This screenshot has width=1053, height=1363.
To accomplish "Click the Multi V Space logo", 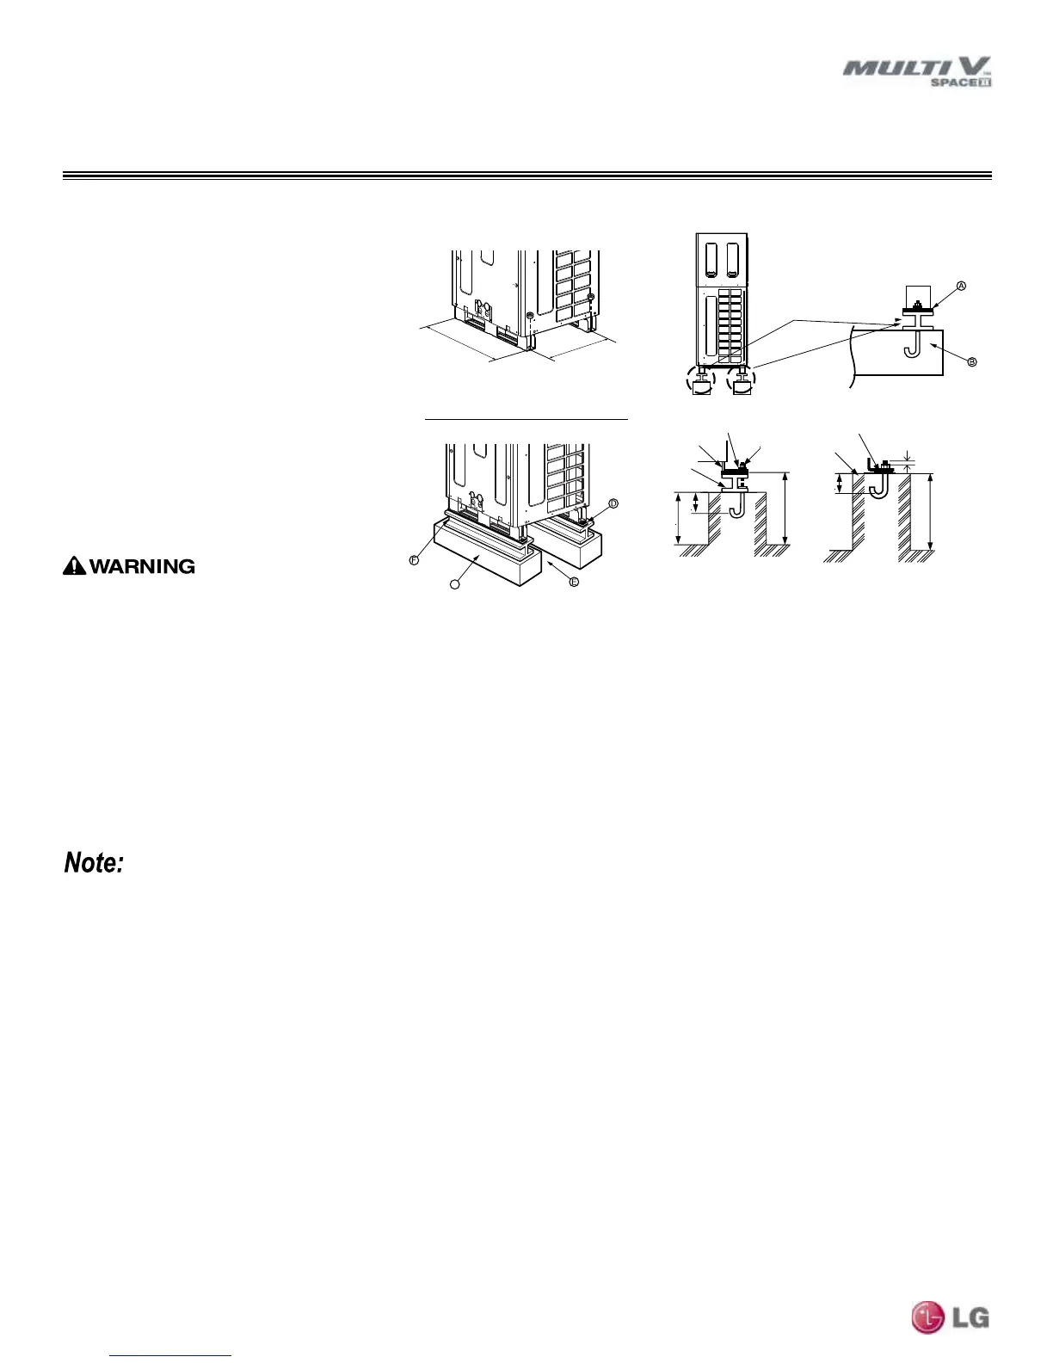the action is coord(917,71).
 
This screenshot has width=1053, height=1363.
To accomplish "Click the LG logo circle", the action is coord(927,1317).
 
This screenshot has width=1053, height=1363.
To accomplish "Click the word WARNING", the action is coord(142,566).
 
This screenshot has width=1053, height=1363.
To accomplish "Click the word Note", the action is coord(95,863).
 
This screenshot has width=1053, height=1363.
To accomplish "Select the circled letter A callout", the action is coord(961,286).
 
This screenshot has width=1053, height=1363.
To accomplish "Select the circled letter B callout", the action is coord(972,362).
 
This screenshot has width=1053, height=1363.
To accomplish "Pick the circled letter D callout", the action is coord(613,503).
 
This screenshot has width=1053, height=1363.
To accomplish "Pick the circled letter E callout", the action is coord(574,582).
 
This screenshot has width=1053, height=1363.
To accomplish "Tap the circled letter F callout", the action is coord(414,559).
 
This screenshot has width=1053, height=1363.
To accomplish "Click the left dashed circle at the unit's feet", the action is coord(702,379).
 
